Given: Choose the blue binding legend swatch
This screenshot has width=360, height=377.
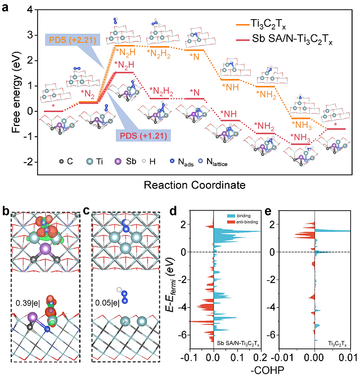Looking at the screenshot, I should coord(223,216).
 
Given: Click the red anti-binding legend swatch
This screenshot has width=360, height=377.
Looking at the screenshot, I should coord(223,223).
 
